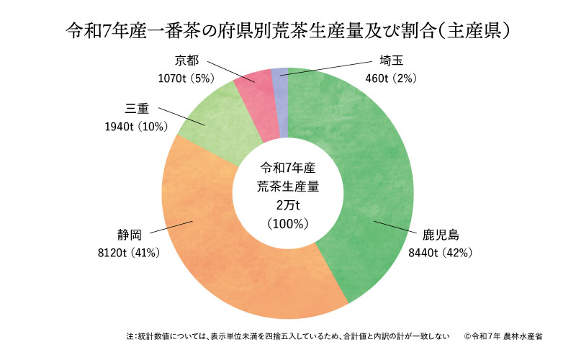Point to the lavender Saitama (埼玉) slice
(281, 79)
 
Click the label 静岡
(129, 235)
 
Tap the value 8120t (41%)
(129, 253)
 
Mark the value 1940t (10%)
(136, 127)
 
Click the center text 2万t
(288, 205)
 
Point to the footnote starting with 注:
(288, 336)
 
